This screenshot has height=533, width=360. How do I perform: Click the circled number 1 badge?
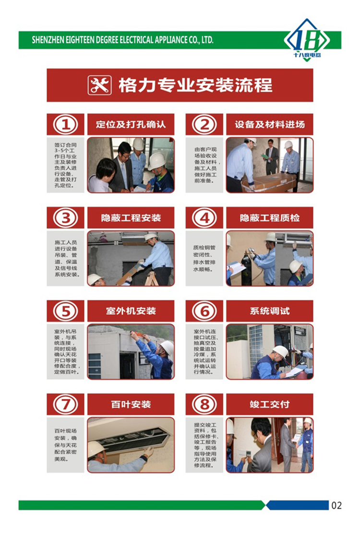point(65,124)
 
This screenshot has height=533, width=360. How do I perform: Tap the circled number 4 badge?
point(204,217)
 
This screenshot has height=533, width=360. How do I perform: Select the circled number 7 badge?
point(65,404)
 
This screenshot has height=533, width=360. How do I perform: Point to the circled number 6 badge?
point(204,311)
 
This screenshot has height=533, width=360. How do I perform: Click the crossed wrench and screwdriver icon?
point(99,85)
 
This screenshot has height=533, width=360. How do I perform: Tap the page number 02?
point(336,505)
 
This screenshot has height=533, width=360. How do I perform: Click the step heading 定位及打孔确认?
point(131,124)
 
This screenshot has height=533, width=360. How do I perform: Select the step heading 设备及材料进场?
point(270,124)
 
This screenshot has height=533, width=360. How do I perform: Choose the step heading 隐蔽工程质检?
point(270,217)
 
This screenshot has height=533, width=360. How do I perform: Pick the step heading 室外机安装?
point(131,311)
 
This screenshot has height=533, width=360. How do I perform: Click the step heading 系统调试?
point(270,311)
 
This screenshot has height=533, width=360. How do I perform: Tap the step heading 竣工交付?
point(270,404)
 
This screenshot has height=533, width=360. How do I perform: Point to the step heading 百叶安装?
point(131,404)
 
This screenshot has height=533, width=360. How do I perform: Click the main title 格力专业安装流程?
point(195,85)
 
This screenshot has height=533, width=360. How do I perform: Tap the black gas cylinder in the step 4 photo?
point(246,270)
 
